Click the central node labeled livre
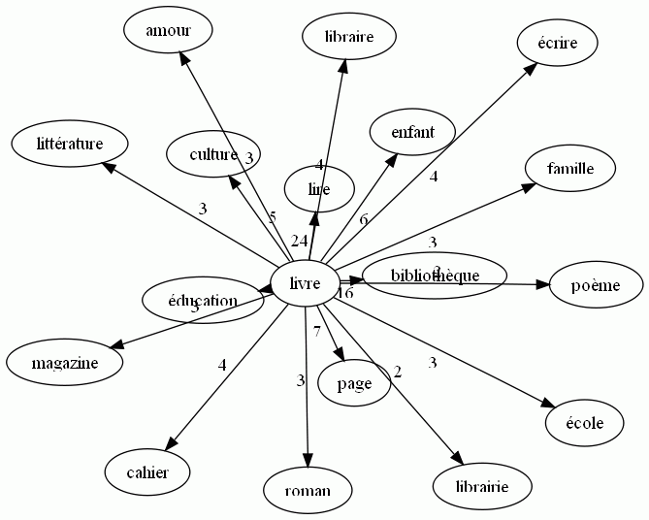click(306, 284)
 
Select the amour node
click(168, 31)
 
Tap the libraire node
click(350, 38)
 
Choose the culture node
click(214, 154)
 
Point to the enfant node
click(412, 132)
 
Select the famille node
click(570, 169)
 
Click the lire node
click(319, 189)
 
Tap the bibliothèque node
click(435, 276)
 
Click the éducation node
click(203, 301)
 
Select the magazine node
click(65, 363)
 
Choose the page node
click(354, 383)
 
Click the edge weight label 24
click(299, 241)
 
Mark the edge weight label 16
click(345, 293)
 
